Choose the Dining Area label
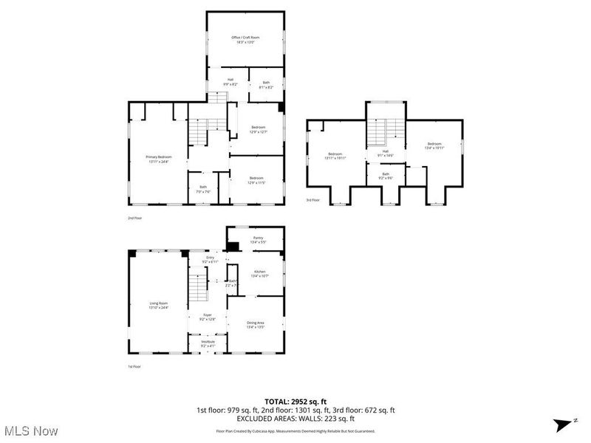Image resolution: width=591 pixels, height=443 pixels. (256, 323)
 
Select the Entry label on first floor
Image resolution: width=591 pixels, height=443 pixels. (210, 258)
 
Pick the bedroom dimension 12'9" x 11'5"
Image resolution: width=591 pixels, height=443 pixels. (256, 182)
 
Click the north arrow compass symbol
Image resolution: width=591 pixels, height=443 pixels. (559, 423)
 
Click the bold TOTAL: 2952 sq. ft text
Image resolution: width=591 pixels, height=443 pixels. (295, 402)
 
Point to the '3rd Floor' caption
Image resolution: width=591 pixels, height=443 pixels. (313, 200)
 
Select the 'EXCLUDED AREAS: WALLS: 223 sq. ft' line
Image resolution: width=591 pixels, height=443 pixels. (295, 419)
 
